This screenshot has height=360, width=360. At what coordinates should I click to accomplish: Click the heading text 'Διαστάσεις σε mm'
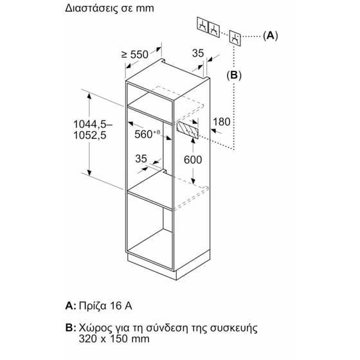[109, 8]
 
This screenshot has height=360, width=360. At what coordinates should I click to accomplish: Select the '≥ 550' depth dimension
[135, 55]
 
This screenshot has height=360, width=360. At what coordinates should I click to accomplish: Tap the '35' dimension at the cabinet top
[198, 53]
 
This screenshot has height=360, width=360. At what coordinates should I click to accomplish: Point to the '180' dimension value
[222, 122]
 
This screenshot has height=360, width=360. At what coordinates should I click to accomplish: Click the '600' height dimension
[193, 160]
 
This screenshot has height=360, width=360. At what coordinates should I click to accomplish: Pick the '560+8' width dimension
[147, 134]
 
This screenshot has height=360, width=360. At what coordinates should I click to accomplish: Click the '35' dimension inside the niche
[141, 159]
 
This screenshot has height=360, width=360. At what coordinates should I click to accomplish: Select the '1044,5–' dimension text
[93, 125]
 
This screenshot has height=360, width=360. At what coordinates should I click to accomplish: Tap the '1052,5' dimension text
[90, 135]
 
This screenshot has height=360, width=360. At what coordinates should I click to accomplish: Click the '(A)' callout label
[271, 36]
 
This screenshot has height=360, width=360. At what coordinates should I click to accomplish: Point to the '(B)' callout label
[234, 75]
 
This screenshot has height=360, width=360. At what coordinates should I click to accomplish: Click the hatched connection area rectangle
[187, 130]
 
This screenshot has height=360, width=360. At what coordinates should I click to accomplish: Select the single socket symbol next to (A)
[235, 38]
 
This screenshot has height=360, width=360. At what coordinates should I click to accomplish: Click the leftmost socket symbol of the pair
[203, 26]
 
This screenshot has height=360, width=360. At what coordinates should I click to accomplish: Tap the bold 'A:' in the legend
[71, 306]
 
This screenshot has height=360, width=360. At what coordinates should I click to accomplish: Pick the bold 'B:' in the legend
[71, 328]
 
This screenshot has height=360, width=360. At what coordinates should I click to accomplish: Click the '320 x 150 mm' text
[114, 339]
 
